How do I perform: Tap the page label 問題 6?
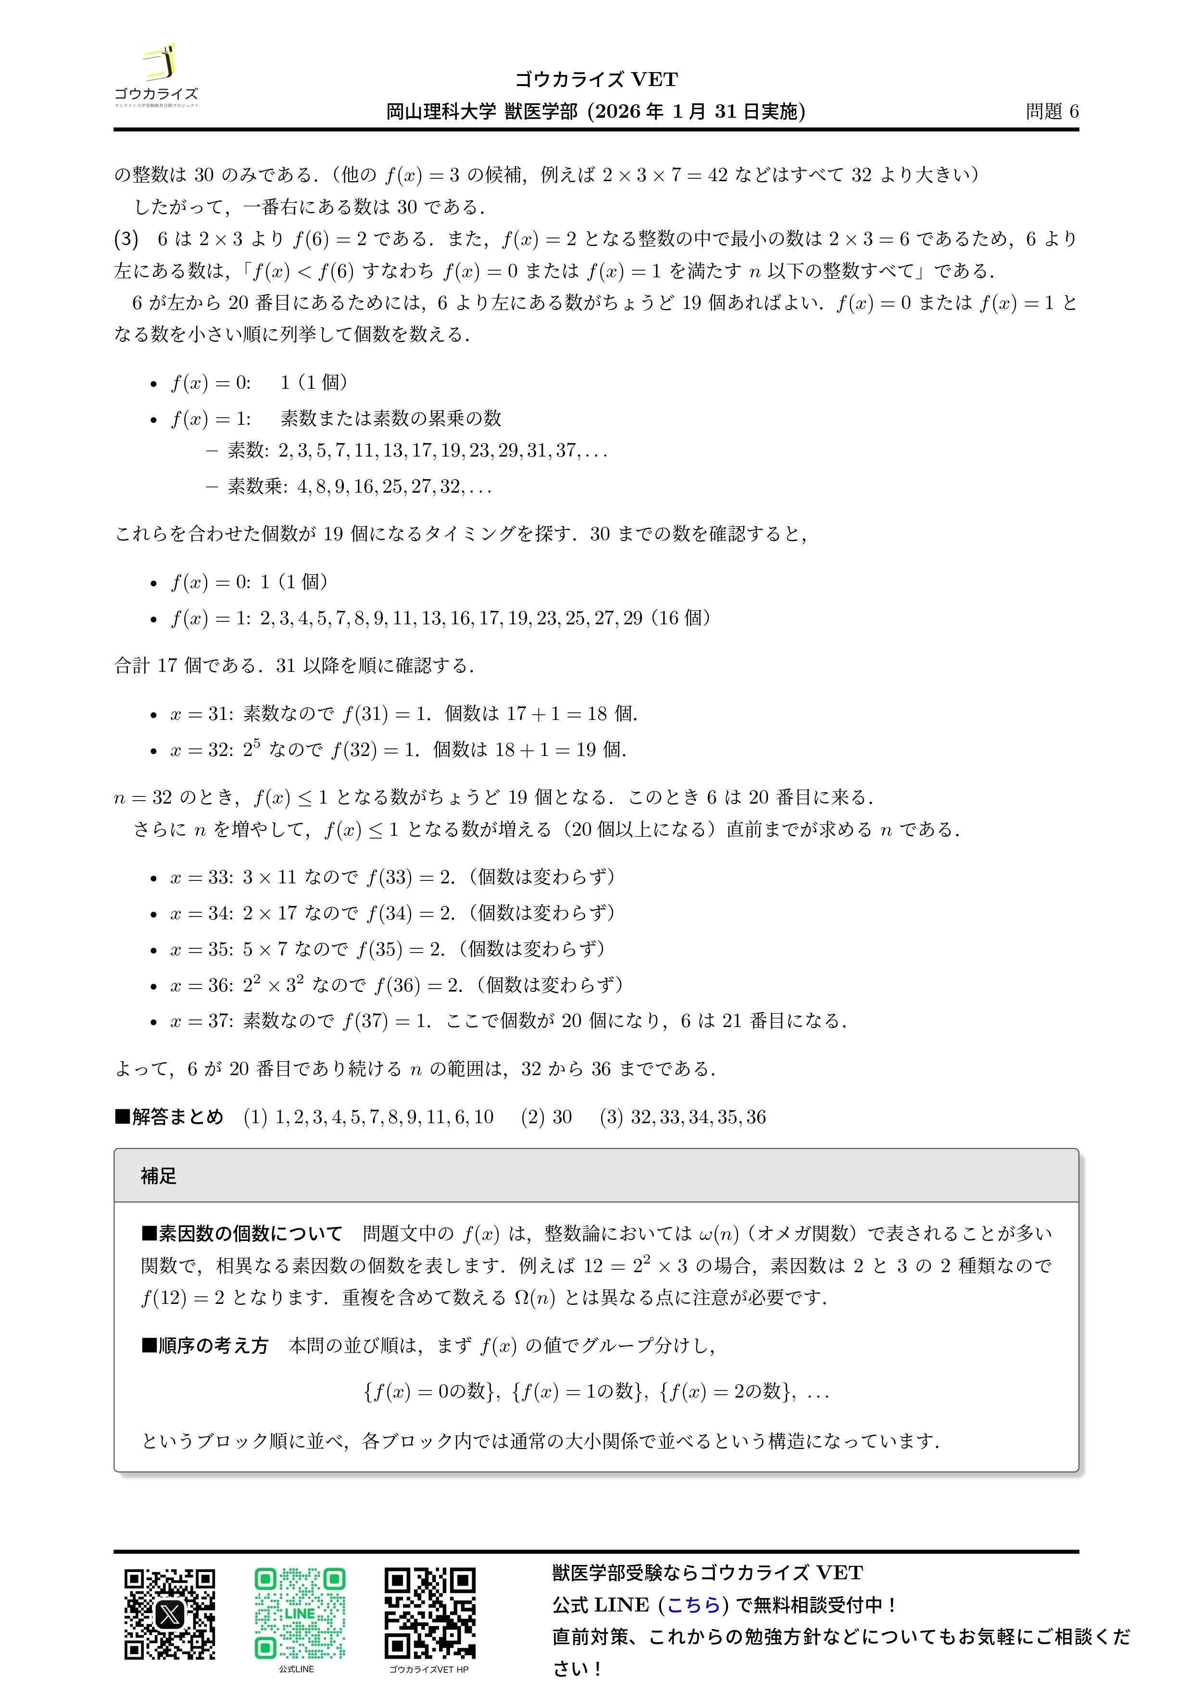(1052, 112)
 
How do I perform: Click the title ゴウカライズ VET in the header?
(596, 79)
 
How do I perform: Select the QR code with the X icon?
(170, 1614)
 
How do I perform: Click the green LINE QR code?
(300, 1614)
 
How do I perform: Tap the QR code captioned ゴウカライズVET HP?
(430, 1614)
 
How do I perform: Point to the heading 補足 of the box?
(159, 1176)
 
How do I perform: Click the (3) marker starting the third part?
(126, 239)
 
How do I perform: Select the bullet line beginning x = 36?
(397, 985)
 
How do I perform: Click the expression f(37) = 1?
(387, 1021)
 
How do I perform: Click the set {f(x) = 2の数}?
(727, 1391)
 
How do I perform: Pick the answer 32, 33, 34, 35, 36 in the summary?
(698, 1117)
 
